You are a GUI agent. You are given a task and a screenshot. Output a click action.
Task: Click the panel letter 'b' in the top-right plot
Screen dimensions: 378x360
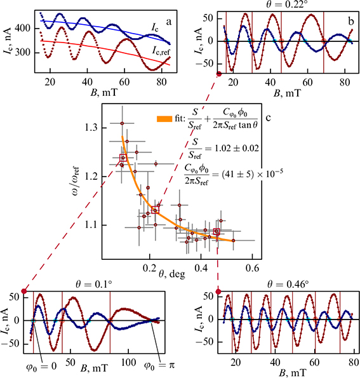coord(350,20)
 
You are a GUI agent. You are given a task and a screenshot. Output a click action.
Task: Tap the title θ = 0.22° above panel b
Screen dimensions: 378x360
coord(286,4)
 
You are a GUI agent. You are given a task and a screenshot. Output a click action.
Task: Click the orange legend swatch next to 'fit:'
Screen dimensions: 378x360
coord(163,118)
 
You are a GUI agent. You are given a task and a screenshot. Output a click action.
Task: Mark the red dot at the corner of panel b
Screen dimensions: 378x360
coord(219,74)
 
